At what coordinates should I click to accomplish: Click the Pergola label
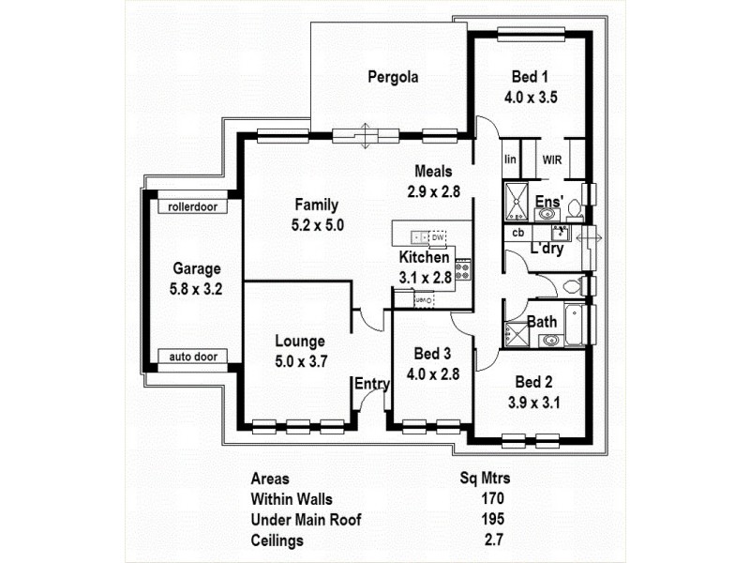(x=393, y=77)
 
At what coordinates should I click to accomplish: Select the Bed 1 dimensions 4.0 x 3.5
(x=531, y=96)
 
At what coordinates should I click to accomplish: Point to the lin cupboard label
(x=510, y=159)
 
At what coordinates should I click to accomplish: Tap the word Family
(x=316, y=205)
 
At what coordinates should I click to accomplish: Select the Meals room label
(x=434, y=172)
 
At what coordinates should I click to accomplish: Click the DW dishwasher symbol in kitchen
(x=438, y=237)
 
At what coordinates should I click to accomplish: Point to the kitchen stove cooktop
(x=462, y=272)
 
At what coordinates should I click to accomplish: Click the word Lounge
(x=300, y=342)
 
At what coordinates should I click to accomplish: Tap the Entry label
(x=371, y=383)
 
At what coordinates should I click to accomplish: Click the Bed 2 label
(x=532, y=382)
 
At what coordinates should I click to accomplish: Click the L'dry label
(x=547, y=250)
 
